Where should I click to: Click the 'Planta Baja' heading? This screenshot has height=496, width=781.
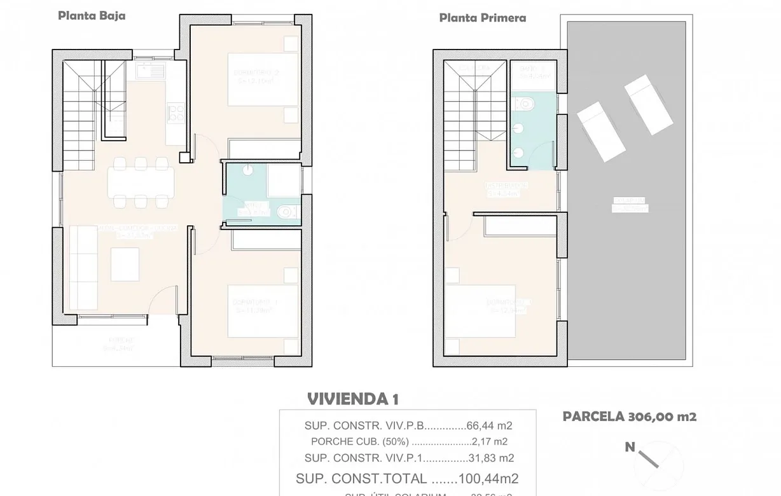click(92, 16)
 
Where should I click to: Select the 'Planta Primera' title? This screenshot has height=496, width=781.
click(482, 18)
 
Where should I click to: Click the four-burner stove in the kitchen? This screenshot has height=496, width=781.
click(176, 113)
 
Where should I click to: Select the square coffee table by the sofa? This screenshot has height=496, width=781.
click(125, 264)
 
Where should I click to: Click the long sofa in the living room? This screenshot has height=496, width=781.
click(82, 264)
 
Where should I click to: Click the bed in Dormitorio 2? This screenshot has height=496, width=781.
click(263, 79)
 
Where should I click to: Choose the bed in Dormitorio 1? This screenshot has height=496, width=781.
click(263, 312)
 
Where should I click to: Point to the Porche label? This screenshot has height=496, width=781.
click(120, 343)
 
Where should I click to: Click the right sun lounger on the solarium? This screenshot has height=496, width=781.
click(648, 104)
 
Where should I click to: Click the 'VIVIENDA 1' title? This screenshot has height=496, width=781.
click(352, 399)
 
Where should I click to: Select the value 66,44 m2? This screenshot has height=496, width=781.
click(489, 426)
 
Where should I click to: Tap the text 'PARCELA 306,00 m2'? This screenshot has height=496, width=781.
click(629, 417)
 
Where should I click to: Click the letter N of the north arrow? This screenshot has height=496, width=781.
click(630, 448)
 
